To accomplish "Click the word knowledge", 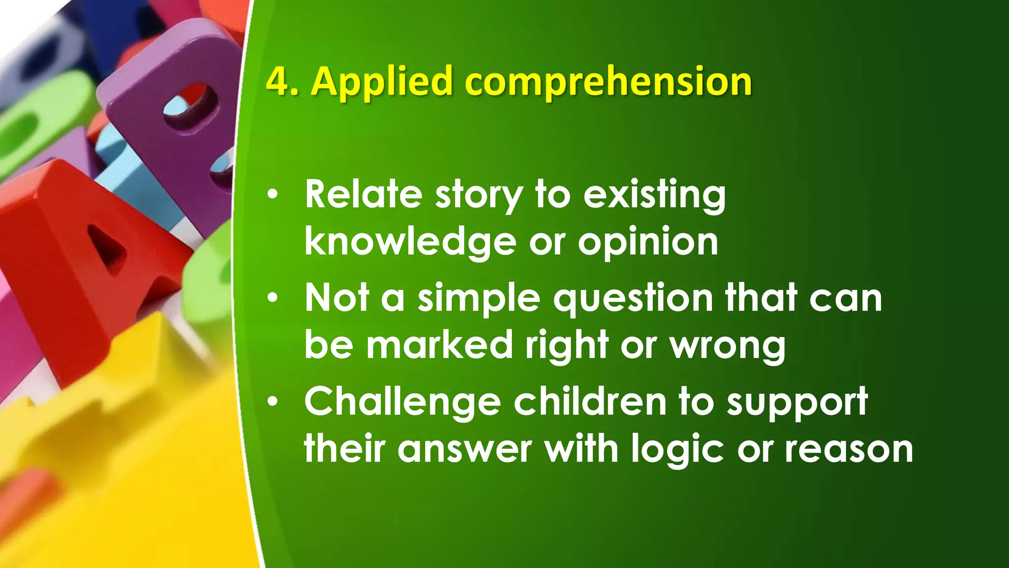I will tap(410, 243).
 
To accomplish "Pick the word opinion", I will tap(648, 243).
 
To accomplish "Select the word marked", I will tap(439, 345).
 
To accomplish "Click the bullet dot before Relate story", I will tap(273, 196).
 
